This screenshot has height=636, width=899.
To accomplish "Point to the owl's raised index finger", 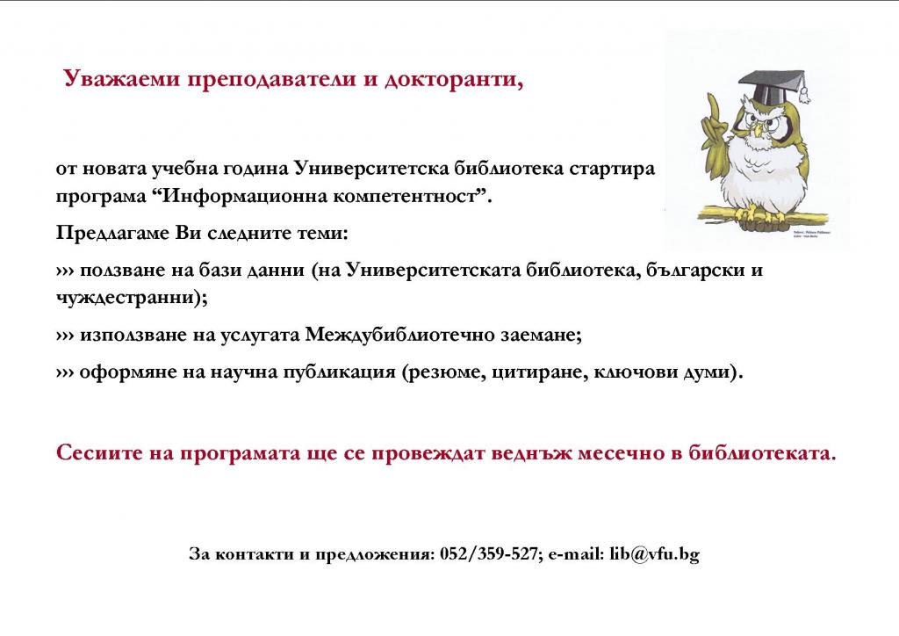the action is coord(713,108).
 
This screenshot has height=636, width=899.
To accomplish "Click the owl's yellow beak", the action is coord(757,131).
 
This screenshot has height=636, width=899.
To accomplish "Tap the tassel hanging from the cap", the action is coord(804,92).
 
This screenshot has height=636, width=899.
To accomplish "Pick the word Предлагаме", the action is coord(111,234).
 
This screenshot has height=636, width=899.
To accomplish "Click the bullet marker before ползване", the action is coord(65,271).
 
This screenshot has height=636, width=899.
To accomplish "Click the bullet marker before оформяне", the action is coord(65,372).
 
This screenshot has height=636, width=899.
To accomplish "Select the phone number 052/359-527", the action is coord(488,554).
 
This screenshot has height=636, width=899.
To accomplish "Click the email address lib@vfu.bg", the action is coord(654,554).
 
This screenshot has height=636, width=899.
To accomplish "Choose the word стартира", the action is coord(611,170).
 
